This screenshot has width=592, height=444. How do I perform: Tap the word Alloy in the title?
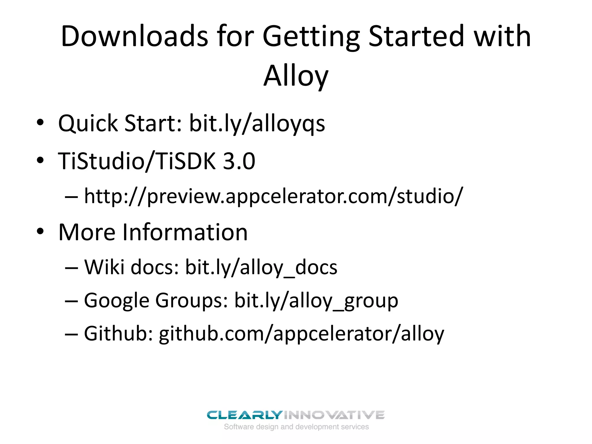point(296,76)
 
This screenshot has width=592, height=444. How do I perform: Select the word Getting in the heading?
point(311,37)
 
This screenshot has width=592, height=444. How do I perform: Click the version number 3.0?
point(239,161)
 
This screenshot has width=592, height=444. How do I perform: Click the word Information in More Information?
point(185,232)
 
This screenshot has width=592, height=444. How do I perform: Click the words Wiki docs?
point(132,267)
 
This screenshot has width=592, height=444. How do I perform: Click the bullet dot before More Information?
point(40,231)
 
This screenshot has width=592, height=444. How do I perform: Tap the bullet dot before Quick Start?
point(40,123)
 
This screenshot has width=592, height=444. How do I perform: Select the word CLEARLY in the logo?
point(244,415)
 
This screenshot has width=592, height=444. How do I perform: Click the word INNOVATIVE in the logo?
point(334,415)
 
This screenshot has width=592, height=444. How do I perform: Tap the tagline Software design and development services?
point(296,427)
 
